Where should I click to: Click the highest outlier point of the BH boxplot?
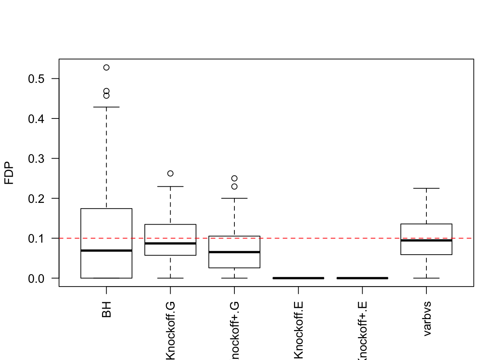click(106, 67)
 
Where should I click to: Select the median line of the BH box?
click(106, 250)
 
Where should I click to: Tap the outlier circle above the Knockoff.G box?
click(170, 173)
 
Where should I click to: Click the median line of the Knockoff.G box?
click(170, 243)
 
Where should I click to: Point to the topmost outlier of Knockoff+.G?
click(234, 178)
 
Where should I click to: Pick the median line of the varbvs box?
click(426, 240)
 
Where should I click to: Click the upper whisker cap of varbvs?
click(426, 188)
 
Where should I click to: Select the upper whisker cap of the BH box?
click(106, 107)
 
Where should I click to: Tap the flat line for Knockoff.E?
click(298, 278)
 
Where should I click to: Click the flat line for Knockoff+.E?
click(362, 278)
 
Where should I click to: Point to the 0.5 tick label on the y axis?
click(36, 79)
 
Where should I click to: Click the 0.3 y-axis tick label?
click(36, 159)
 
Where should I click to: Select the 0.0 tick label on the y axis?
click(36, 278)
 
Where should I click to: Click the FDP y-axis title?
click(9, 173)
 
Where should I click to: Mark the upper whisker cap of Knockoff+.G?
click(234, 198)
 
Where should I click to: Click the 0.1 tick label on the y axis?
click(36, 238)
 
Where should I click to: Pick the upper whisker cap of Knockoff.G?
click(170, 186)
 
